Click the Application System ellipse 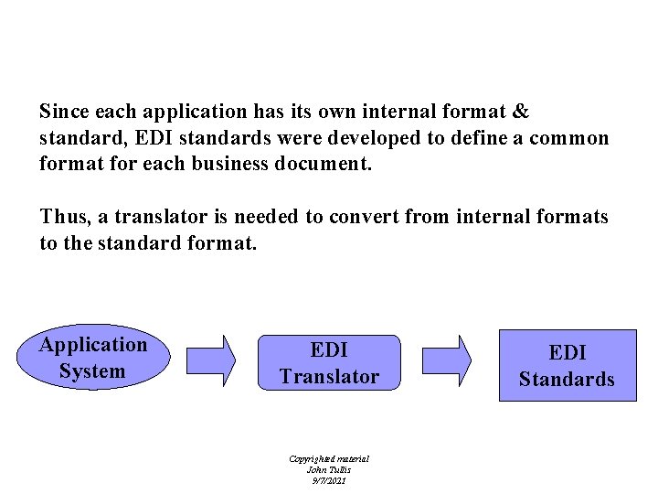click(91, 358)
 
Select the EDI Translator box click(329, 363)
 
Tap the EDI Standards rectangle click(567, 365)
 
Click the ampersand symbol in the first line click(520, 112)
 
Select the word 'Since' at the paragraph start click(63, 112)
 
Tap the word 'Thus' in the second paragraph click(62, 217)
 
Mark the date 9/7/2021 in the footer click(328, 479)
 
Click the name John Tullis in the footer click(328, 469)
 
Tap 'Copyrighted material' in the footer click(328, 458)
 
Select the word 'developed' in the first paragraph click(348, 138)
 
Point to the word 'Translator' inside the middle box click(329, 376)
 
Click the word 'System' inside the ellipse click(91, 371)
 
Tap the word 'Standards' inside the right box click(567, 379)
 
